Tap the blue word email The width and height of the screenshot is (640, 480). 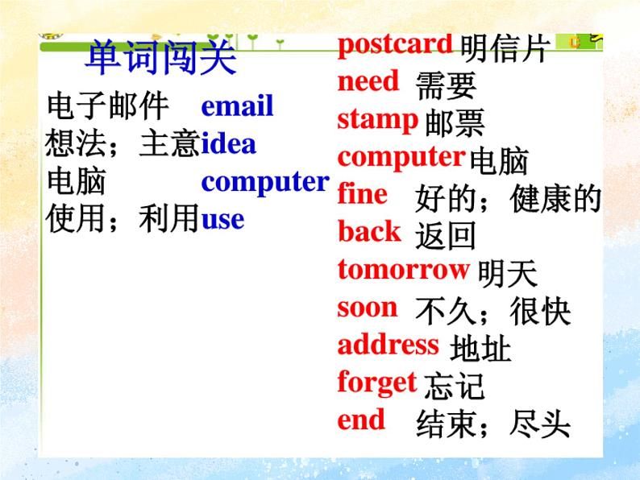[x=237, y=106]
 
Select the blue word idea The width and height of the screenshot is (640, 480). [x=228, y=144]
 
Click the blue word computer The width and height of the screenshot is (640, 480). [x=265, y=182]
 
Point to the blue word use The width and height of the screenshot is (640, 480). [x=222, y=219]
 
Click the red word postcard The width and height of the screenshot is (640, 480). [x=395, y=44]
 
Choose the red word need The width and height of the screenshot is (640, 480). [x=368, y=81]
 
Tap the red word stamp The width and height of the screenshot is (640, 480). [x=377, y=120]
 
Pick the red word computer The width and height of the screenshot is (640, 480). [x=401, y=156]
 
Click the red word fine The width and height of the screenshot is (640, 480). [x=363, y=194]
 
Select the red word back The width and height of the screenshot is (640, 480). [x=369, y=232]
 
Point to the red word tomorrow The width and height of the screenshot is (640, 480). [x=403, y=269]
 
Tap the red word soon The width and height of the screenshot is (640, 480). [x=368, y=307]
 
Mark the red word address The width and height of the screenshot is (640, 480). [x=389, y=345]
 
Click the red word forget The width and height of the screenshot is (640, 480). [x=377, y=383]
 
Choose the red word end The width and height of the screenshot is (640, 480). [x=361, y=420]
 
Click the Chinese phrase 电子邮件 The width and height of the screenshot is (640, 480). [x=108, y=106]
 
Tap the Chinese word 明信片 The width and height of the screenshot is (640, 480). [x=505, y=49]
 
